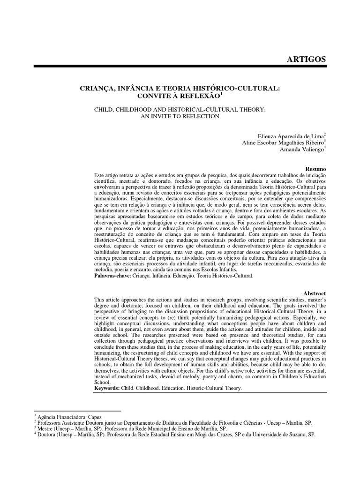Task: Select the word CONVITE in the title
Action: coord(151,96)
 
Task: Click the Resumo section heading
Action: coord(315,168)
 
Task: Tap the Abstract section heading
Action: coord(315,293)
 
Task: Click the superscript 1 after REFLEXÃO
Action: coord(221,93)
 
